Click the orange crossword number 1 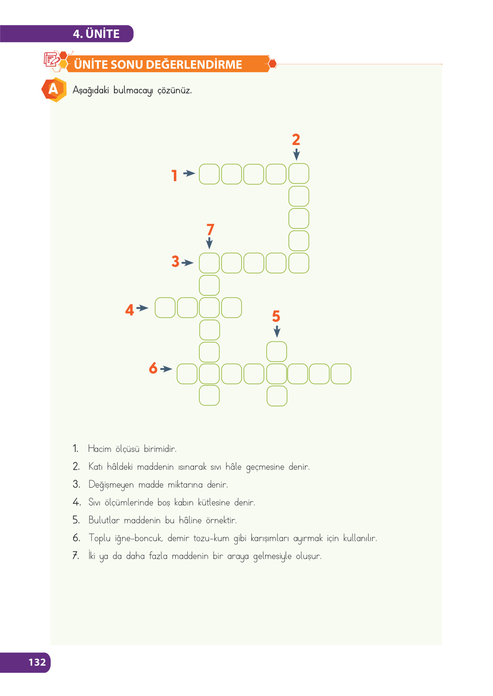coord(174,175)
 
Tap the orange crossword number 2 coord(296,140)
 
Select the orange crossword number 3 coord(176,261)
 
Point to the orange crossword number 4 coord(130,310)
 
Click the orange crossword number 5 coord(276,316)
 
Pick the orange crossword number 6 coord(153,368)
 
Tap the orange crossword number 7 coord(210,230)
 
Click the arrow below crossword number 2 coord(296,154)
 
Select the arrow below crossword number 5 coord(277,331)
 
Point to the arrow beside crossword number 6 coord(166,369)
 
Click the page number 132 coord(37,662)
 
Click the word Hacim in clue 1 coord(99,449)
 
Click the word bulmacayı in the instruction coord(133,91)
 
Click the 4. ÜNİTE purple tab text coord(96,34)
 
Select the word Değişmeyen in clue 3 coord(111,485)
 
